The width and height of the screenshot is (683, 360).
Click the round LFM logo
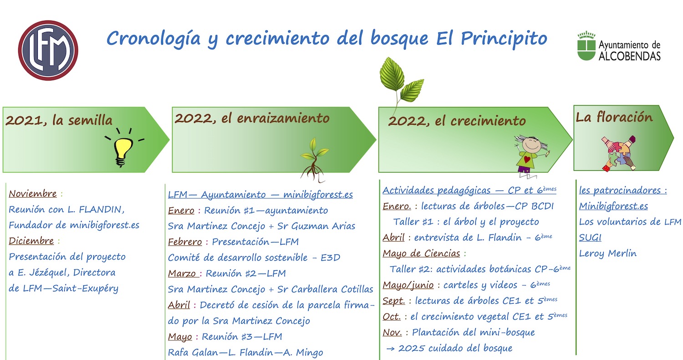coord(48,51)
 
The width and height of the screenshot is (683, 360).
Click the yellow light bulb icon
coord(124,147)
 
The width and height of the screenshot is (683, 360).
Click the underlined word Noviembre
coord(33,193)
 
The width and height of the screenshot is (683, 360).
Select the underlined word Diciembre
coord(31,241)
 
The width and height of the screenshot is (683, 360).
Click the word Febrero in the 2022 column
coord(185,242)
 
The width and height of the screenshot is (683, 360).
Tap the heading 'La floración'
coord(614,117)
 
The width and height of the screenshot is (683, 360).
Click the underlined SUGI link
coord(590,238)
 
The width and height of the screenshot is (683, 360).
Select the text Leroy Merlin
coord(608,254)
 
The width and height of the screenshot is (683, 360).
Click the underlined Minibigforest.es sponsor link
coord(613,206)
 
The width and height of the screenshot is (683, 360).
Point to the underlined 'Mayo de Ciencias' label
coord(421,254)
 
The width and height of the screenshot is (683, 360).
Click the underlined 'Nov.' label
coord(392,332)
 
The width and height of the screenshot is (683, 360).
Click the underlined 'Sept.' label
coord(394,301)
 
